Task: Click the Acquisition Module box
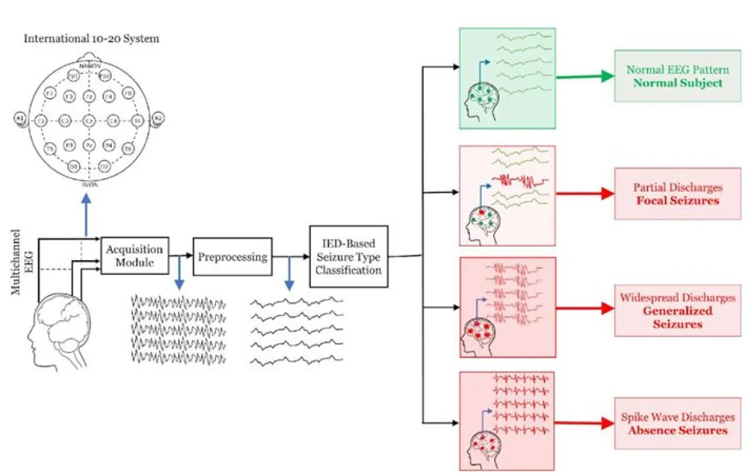pyautogui.click(x=135, y=256)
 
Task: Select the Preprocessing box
pyautogui.click(x=232, y=256)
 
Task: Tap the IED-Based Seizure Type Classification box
pyautogui.click(x=348, y=256)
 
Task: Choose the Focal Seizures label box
pyautogui.click(x=677, y=193)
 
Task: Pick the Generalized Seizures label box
pyautogui.click(x=677, y=310)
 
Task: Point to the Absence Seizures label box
pyautogui.click(x=677, y=423)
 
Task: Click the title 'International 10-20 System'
pyautogui.click(x=91, y=38)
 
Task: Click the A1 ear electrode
pyautogui.click(x=19, y=118)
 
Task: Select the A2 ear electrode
pyautogui.click(x=158, y=118)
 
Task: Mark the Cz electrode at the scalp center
pyautogui.click(x=89, y=120)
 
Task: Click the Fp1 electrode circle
pyautogui.click(x=73, y=76)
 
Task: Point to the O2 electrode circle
pyautogui.click(x=105, y=166)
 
